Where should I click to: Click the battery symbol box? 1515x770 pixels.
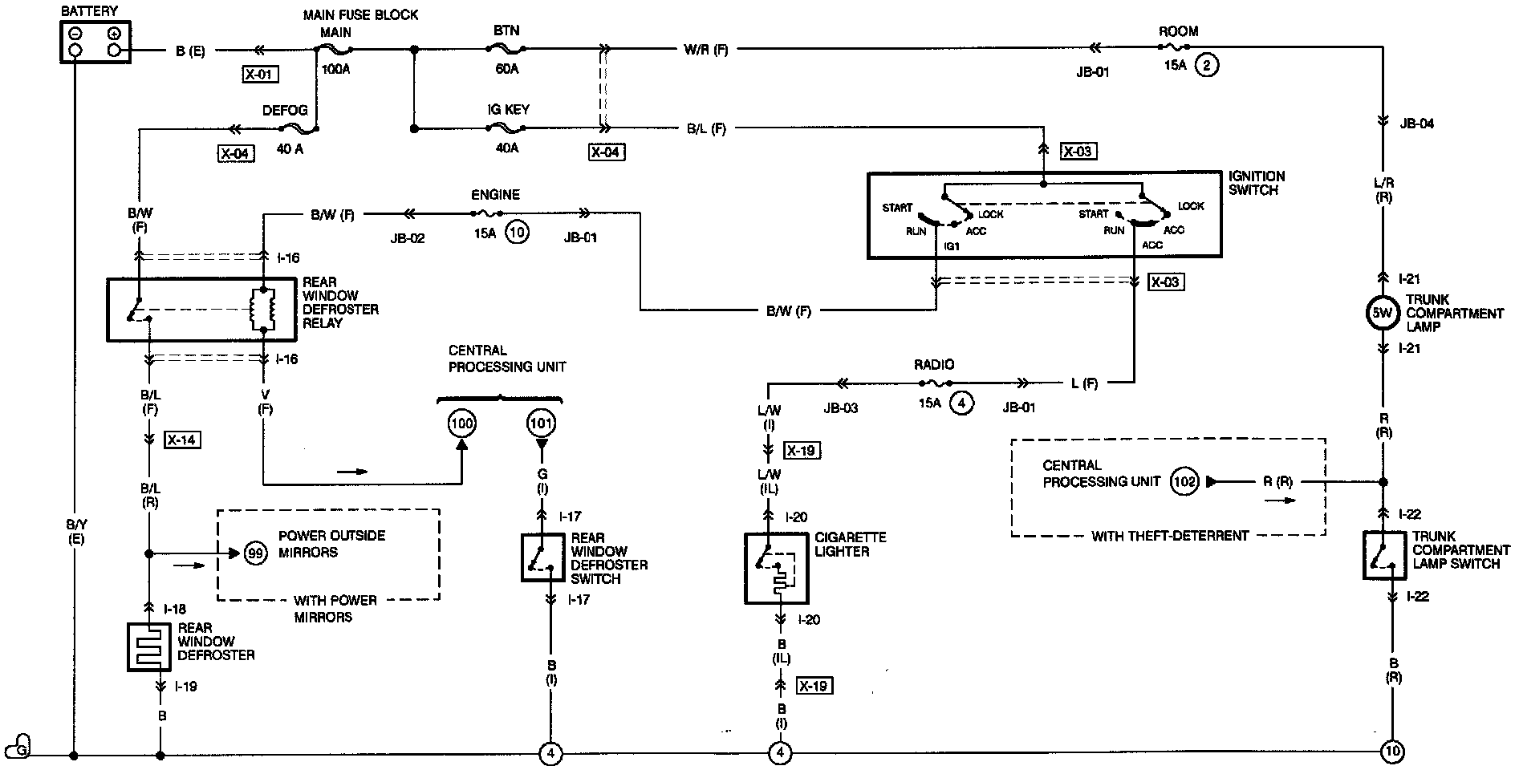click(95, 41)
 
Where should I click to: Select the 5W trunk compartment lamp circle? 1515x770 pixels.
click(1382, 314)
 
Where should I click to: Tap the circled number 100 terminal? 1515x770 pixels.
click(462, 423)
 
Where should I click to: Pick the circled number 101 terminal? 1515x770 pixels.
click(541, 423)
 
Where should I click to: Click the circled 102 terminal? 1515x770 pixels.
click(1184, 481)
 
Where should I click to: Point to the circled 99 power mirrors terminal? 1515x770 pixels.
click(256, 553)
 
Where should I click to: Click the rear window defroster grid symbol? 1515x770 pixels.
click(149, 646)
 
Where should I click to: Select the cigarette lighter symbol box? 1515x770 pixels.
click(777, 568)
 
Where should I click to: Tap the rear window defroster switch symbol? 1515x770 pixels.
click(542, 557)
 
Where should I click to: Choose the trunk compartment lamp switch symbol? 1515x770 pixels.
click(1384, 554)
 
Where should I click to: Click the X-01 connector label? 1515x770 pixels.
click(258, 75)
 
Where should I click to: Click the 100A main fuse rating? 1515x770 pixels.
click(336, 70)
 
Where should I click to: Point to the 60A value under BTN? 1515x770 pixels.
click(507, 69)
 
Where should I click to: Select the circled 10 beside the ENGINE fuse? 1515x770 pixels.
click(518, 233)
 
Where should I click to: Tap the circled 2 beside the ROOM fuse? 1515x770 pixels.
click(1206, 65)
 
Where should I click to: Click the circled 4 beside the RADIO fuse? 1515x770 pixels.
click(961, 403)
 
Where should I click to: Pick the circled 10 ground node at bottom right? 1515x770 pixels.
click(1391, 752)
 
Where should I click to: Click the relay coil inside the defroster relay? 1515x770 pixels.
click(263, 309)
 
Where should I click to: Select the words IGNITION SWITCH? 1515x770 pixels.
click(1257, 183)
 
